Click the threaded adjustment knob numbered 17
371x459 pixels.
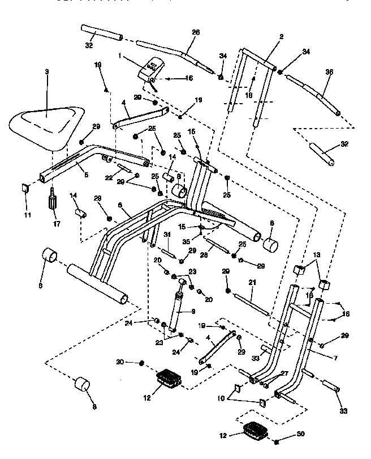click(x=52, y=199)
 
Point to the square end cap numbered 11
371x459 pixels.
click(x=25, y=188)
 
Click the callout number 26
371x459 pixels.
click(x=196, y=33)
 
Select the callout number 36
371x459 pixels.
click(x=330, y=72)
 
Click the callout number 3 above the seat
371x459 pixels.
click(x=47, y=72)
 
